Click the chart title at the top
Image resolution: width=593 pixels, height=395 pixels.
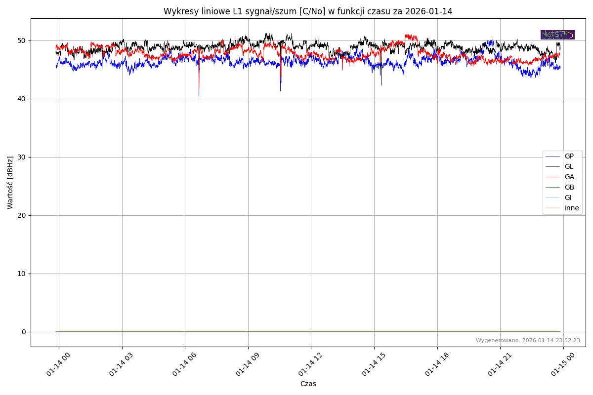coord(308,11)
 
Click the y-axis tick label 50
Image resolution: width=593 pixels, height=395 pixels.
coord(22,40)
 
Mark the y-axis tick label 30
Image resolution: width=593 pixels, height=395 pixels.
coord(22,157)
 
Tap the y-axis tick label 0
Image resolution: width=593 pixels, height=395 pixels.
coord(24,332)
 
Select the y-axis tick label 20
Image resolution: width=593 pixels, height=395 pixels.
coord(22,215)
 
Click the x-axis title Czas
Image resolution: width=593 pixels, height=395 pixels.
coord(308,384)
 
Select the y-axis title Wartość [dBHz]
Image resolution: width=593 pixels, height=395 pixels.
coord(10,183)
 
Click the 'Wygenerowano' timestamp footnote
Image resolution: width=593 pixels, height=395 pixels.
coord(528,341)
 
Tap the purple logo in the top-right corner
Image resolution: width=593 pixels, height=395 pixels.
coord(557,35)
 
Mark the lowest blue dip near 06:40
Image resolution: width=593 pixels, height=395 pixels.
coord(199,95)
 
